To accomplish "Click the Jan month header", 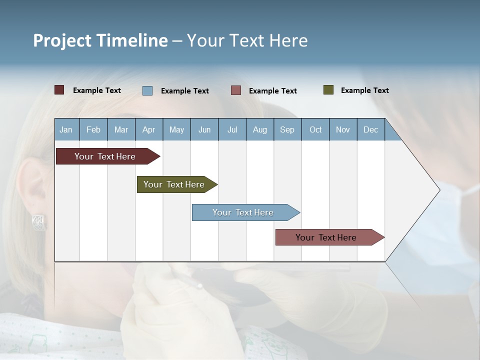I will click(66, 129).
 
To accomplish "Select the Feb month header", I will click(93, 129).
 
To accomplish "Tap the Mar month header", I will click(121, 129).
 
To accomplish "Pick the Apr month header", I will click(149, 129).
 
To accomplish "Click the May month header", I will click(176, 129).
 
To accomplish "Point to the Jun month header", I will click(204, 129).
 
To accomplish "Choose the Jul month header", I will click(232, 129).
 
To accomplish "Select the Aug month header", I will click(260, 129).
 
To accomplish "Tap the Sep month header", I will click(287, 129).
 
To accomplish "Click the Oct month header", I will click(315, 129).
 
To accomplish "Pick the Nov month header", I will click(343, 129).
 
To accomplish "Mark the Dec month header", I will click(371, 129).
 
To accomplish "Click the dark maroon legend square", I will click(59, 90).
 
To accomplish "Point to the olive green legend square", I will click(328, 90).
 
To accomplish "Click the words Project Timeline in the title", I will click(100, 40).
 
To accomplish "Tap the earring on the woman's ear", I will click(39, 222).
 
